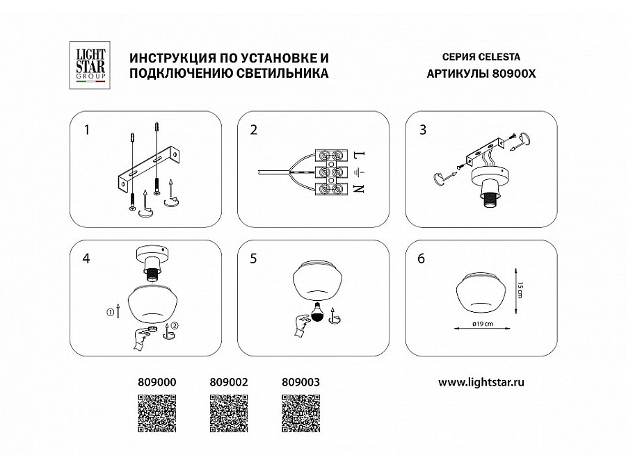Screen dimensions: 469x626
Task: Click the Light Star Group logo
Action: [x=90, y=64]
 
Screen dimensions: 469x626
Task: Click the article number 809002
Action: [x=229, y=381]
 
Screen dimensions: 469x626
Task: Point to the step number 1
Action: [x=87, y=130]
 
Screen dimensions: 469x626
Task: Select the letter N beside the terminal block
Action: [x=359, y=188]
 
